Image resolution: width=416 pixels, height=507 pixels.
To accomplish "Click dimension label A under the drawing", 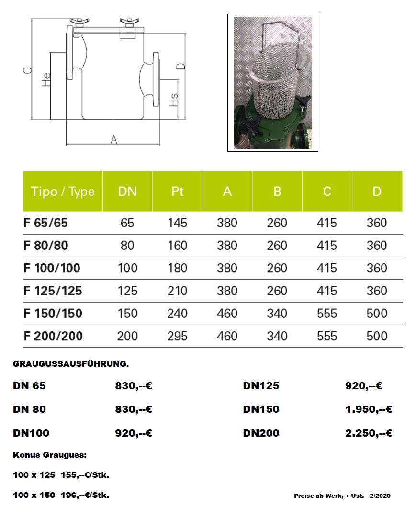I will pos(114,139).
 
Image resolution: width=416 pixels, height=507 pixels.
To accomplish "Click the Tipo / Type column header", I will pos(63,192).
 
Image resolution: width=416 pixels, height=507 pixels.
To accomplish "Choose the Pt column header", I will pos(177,192).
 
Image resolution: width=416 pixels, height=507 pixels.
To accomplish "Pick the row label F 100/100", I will pos(52,268).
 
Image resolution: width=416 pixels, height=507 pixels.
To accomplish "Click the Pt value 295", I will pos(177,336).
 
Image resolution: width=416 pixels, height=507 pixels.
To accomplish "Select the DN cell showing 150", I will pos(127,314).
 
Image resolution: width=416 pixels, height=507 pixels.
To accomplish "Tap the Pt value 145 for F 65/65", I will pos(177,223).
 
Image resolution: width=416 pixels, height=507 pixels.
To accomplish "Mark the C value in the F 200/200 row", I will pos(327,336).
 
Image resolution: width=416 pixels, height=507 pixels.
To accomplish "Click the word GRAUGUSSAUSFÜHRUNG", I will pos(70,364).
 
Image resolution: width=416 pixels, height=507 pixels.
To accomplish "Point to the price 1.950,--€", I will pos(369,409).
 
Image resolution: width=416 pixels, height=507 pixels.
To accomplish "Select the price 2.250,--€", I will pos(369,433).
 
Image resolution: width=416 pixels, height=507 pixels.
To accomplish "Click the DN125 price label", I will pos(261,386).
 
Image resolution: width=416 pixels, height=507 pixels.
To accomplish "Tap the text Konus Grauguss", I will pos(50,455).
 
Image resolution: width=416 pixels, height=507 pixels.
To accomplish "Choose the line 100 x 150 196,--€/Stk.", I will pos(61,495).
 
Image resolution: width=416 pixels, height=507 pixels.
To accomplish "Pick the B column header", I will pos(277,192).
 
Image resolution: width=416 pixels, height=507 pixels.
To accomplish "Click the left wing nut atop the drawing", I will pos(79,22).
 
